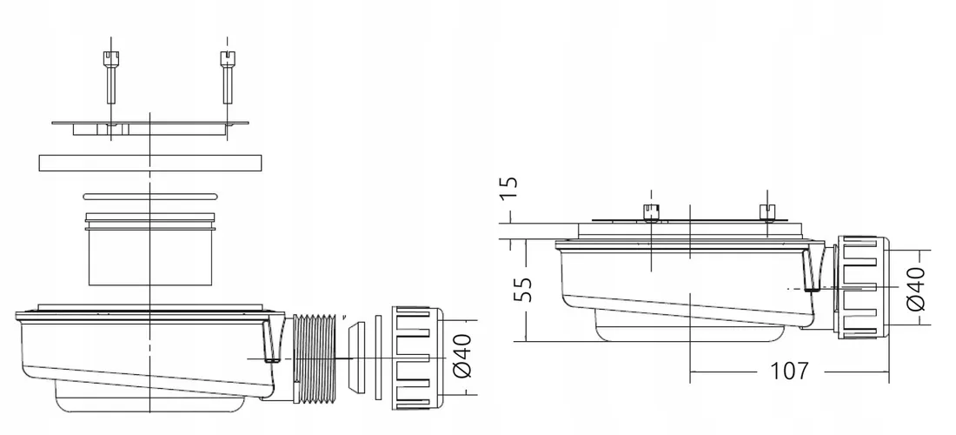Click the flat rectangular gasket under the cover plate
click(149, 163)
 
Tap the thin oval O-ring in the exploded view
click(149, 197)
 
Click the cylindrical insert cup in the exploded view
click(149, 252)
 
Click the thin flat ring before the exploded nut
click(378, 358)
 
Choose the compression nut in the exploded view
click(417, 358)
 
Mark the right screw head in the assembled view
click(766, 211)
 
